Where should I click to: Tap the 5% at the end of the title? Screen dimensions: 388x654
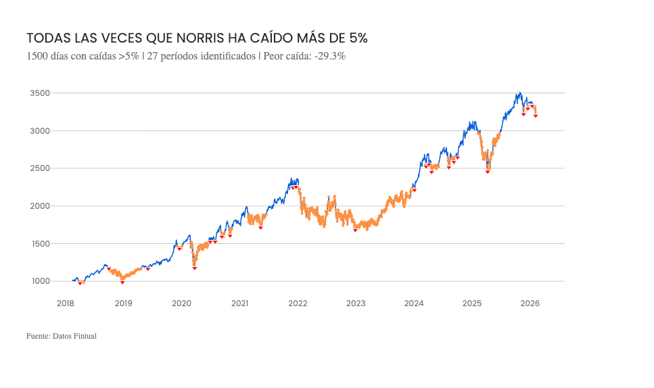pos(356,38)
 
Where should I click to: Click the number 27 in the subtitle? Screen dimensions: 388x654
pos(151,56)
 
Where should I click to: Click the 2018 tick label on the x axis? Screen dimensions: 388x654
pos(66,304)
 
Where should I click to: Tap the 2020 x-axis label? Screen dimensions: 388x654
pos(182,304)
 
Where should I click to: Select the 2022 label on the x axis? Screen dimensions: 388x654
pos(298,304)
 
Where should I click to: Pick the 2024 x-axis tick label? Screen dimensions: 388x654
pos(414,304)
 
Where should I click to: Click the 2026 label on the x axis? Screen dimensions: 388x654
pos(530,304)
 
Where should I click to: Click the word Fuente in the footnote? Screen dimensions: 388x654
pos(37,335)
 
